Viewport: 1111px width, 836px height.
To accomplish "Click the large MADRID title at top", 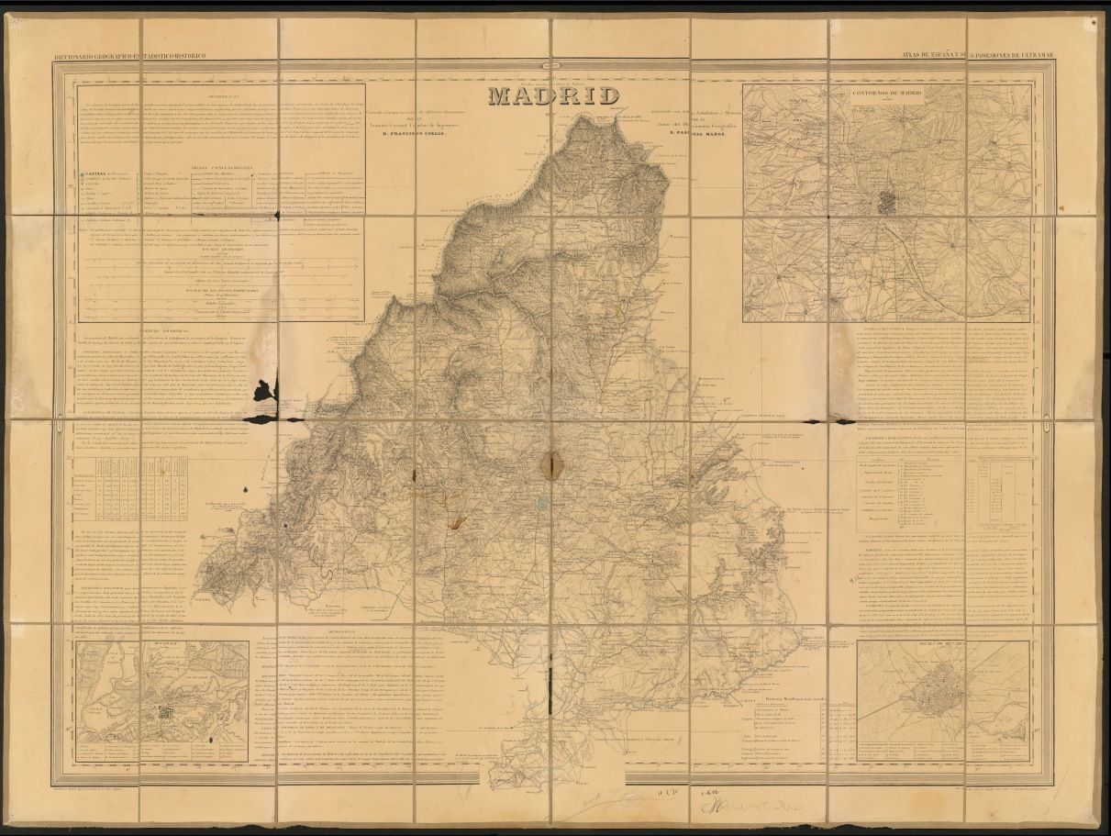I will [553, 95].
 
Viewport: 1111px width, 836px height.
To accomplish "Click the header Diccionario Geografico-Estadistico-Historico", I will [130, 56].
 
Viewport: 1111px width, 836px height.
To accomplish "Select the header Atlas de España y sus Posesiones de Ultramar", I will [978, 56].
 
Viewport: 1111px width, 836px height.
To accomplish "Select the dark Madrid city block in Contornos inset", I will [888, 202].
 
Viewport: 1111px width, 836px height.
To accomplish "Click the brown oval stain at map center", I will [554, 464].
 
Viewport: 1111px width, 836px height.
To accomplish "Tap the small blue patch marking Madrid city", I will [543, 502].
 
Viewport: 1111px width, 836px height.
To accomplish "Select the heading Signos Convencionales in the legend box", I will [221, 167].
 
